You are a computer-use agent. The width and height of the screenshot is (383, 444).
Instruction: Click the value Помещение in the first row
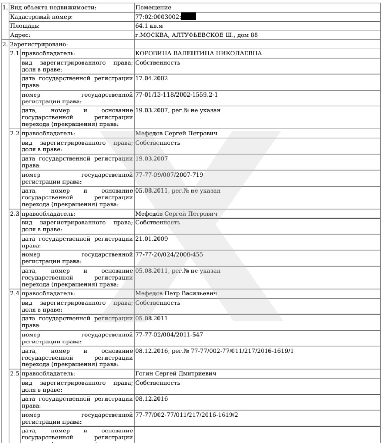click(153, 8)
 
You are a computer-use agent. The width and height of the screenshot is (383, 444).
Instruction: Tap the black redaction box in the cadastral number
click(188, 17)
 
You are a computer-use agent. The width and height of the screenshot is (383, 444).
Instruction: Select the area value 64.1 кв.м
click(149, 26)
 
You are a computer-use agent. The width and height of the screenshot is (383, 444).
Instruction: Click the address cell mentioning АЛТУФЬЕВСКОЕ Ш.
click(196, 35)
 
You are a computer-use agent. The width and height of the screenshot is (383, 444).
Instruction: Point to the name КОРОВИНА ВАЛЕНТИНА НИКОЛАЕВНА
click(198, 53)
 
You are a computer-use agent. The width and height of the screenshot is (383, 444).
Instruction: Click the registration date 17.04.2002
click(152, 78)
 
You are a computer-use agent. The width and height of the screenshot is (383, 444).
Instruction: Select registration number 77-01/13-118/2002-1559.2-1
click(176, 94)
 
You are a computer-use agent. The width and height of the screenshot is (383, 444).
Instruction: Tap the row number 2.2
click(15, 133)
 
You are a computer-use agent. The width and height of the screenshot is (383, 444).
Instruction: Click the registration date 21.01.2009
click(152, 239)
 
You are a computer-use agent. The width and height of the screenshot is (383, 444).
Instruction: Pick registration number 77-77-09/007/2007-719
click(169, 175)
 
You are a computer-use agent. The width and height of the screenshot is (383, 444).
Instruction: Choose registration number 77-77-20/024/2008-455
click(169, 254)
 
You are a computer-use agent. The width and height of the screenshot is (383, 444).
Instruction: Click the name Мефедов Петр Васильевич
click(176, 293)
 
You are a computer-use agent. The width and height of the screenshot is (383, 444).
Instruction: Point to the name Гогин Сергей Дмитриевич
click(176, 373)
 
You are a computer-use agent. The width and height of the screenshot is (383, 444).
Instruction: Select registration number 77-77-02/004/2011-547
click(169, 335)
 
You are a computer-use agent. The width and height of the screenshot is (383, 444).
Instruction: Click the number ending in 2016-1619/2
click(187, 415)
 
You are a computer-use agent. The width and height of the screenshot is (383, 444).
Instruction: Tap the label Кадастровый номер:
click(41, 17)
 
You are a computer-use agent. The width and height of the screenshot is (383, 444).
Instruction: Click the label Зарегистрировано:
click(39, 44)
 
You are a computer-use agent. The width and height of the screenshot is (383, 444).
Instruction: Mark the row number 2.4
click(15, 293)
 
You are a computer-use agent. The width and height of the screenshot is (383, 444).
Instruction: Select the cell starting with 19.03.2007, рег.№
click(178, 110)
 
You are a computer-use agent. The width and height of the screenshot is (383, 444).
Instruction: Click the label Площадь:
click(25, 26)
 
